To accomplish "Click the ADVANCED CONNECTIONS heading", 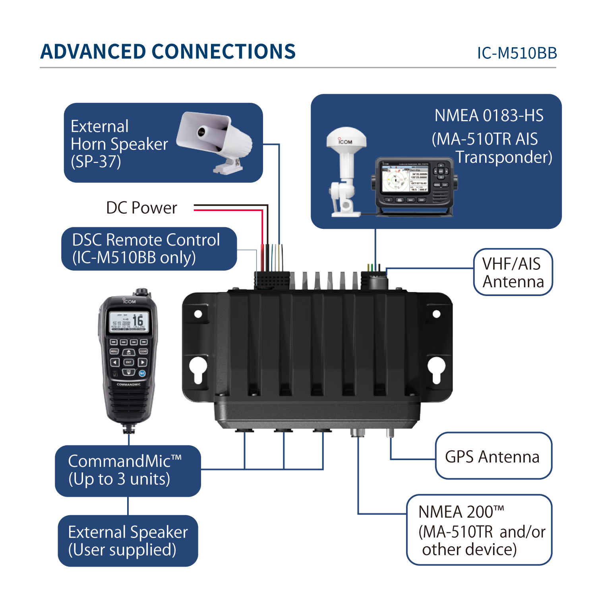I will click(168, 52).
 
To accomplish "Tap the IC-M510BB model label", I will click(517, 53).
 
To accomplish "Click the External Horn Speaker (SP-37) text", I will click(119, 144).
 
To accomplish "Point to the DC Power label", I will click(141, 208).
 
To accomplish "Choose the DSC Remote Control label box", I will click(149, 249).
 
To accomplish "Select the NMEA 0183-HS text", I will click(489, 116).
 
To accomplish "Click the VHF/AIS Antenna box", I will click(513, 272).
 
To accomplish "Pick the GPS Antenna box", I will click(493, 456).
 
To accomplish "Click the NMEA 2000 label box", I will click(479, 530).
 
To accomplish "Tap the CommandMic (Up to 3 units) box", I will click(128, 470).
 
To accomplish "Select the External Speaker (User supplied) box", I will click(128, 541).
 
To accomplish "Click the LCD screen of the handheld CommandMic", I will click(129, 321).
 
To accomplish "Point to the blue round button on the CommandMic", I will click(142, 373).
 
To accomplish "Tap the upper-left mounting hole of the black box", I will click(198, 314).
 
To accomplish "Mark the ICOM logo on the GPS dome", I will click(345, 141).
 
